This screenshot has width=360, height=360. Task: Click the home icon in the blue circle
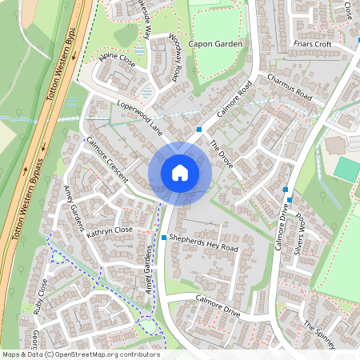pyautogui.click(x=180, y=172)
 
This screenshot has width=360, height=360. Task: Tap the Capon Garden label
pyautogui.click(x=215, y=45)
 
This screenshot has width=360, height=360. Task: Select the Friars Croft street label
pyautogui.click(x=312, y=44)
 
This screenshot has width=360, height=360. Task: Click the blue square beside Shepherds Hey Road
pyautogui.click(x=164, y=238)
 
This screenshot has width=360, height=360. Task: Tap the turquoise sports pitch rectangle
pyautogui.click(x=347, y=168)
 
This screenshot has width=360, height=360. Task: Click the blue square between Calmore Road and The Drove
pyautogui.click(x=198, y=129)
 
